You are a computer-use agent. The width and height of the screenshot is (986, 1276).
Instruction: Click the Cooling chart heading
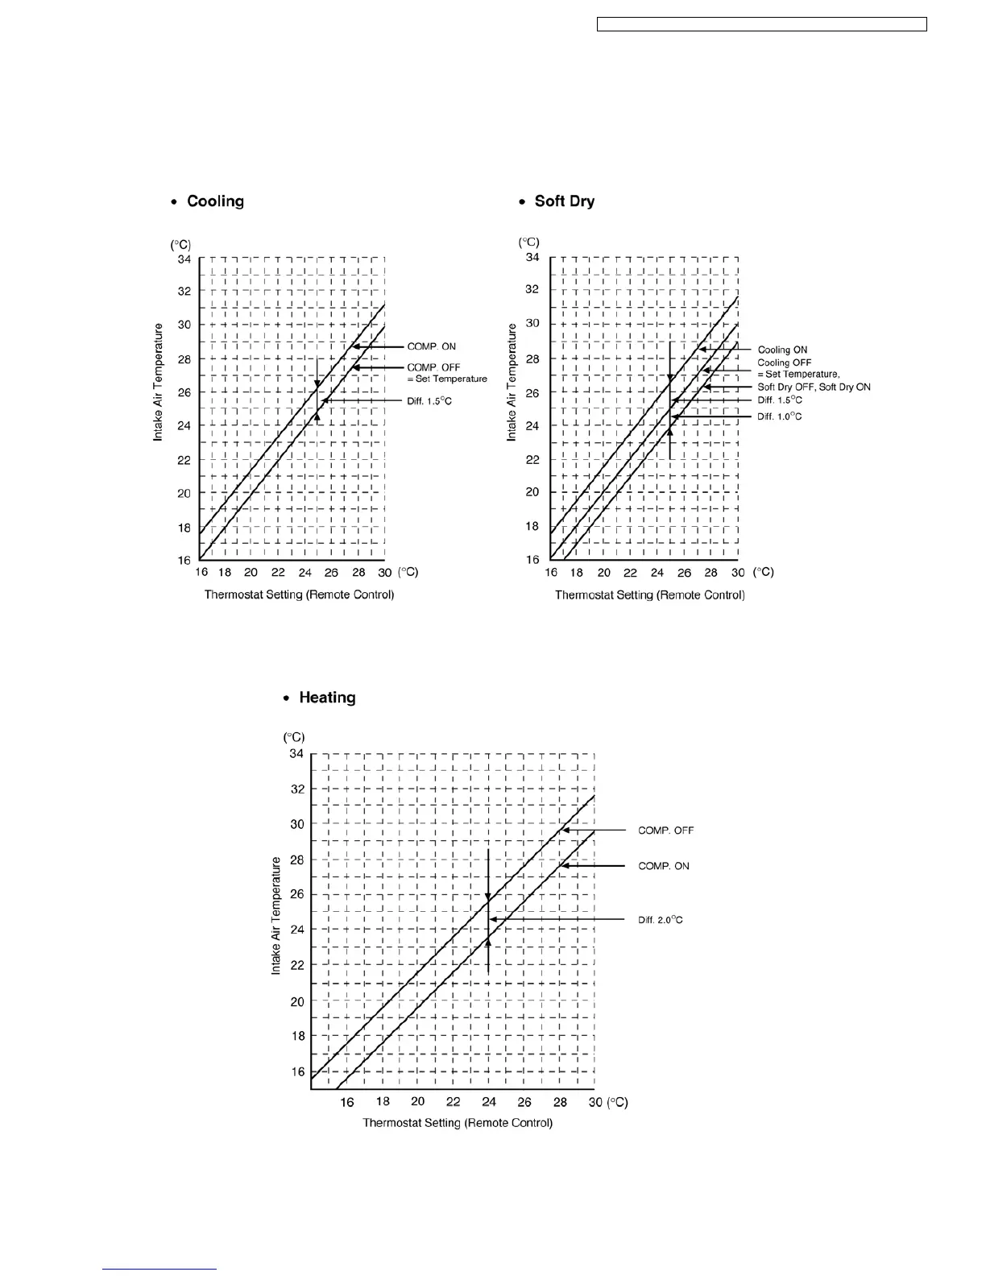[215, 201]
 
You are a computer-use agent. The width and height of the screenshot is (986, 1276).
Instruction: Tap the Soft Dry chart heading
[564, 201]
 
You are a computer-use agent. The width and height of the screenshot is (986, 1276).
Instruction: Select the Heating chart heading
[327, 698]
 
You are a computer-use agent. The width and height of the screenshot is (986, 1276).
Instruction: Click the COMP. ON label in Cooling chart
[431, 347]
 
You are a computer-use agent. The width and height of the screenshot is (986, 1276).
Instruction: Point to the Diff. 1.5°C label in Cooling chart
[429, 400]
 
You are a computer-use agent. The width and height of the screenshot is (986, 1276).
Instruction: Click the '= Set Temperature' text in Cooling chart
[447, 379]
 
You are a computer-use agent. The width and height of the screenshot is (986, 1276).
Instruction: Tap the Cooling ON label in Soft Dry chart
[782, 350]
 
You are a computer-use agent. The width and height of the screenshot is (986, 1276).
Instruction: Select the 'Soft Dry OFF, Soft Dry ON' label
[814, 387]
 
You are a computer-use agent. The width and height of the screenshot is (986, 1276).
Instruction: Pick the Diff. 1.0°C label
[779, 416]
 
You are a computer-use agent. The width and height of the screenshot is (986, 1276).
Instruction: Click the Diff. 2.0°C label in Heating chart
[661, 920]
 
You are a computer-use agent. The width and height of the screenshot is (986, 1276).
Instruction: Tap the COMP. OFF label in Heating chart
[665, 831]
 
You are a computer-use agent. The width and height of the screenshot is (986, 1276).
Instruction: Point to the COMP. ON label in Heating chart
[664, 866]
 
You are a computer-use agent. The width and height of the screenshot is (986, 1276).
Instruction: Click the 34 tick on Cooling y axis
[184, 259]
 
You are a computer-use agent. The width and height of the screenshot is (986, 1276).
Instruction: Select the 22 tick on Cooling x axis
[278, 573]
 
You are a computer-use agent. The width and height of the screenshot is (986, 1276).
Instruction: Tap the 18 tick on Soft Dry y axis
[532, 526]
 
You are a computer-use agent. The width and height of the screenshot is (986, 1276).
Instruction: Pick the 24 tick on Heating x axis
[489, 1102]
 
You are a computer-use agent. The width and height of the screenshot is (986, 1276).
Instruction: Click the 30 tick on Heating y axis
[296, 824]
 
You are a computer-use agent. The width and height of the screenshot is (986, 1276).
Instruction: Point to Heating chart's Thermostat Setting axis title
[458, 1123]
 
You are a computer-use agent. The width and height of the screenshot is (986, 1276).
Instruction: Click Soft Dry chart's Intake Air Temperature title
[512, 382]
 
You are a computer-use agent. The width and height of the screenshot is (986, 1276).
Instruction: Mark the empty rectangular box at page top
[761, 25]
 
